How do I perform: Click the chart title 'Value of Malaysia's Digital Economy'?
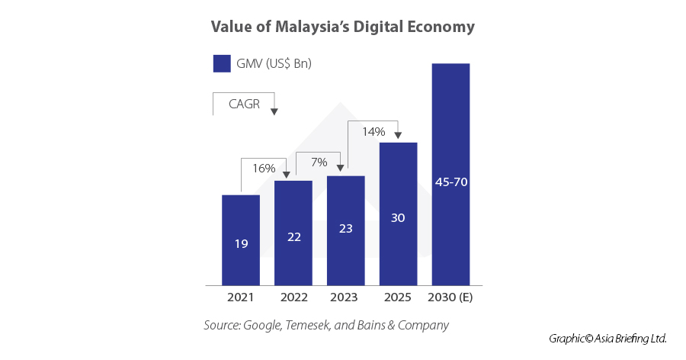(342, 27)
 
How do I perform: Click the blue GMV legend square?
(222, 63)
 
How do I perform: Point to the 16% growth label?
(264, 167)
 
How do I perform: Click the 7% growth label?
(318, 162)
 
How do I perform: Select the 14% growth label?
(373, 132)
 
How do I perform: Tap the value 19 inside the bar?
(241, 244)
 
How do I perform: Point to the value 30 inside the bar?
(398, 218)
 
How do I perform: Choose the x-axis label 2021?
(241, 297)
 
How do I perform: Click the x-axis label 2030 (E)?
(450, 297)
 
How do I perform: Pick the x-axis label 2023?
(345, 297)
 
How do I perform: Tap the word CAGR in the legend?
(244, 104)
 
